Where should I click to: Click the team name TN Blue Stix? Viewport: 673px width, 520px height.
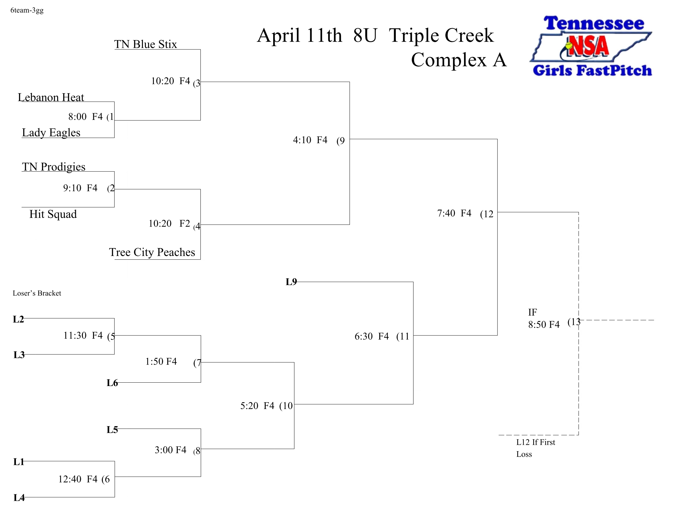[145, 44]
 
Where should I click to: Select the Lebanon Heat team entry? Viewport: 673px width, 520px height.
[51, 97]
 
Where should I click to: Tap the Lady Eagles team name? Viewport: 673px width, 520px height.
[51, 132]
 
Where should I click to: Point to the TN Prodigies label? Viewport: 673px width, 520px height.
[54, 167]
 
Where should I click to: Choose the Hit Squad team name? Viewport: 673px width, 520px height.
[53, 214]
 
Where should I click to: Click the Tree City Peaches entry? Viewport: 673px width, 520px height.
[152, 252]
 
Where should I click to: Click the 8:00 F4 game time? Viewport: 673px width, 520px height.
[85, 117]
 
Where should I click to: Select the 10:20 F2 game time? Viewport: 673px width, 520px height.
[169, 223]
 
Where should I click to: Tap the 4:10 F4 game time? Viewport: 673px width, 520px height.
[310, 140]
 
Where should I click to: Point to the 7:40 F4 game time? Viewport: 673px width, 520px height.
[454, 213]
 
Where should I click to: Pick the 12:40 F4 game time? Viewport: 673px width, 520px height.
[78, 479]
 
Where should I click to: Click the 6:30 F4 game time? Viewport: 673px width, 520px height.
[372, 336]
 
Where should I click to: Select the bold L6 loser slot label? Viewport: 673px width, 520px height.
[112, 383]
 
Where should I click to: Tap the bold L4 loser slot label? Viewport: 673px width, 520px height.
[19, 497]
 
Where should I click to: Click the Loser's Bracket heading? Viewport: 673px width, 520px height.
[37, 293]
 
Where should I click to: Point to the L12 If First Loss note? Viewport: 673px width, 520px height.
[536, 448]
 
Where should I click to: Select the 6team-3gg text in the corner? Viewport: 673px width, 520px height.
[27, 10]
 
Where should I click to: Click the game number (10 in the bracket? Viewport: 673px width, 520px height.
[286, 406]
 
